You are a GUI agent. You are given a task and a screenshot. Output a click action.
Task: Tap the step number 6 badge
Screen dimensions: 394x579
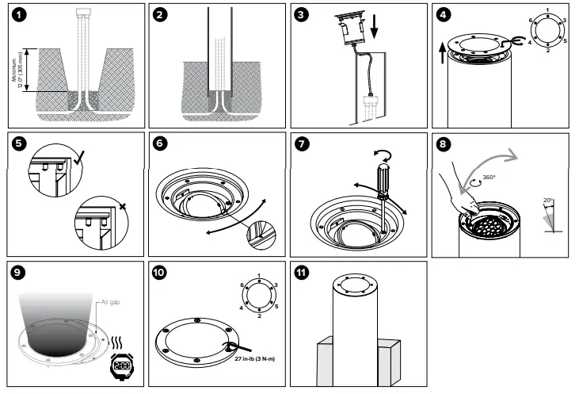[x=162, y=145]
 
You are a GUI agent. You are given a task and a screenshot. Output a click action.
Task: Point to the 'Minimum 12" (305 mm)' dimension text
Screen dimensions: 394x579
[x=18, y=71]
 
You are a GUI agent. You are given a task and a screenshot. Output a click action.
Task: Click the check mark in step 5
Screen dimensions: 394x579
[x=78, y=160]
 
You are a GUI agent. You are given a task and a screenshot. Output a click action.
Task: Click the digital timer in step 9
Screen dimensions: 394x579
[x=122, y=365]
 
